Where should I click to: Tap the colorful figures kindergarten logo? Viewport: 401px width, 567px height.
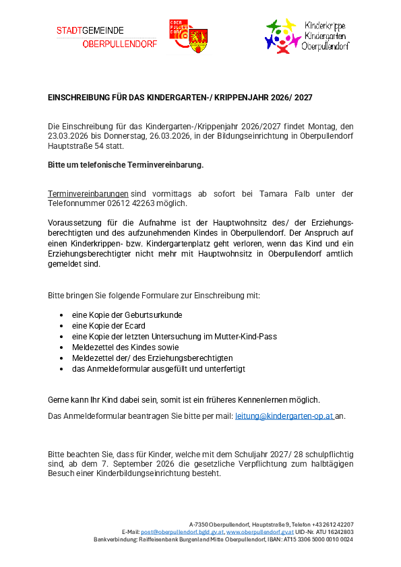(281, 36)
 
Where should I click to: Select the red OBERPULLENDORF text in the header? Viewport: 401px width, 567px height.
(120, 44)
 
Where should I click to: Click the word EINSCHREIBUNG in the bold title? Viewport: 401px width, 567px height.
(75, 98)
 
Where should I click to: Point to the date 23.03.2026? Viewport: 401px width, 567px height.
(67, 135)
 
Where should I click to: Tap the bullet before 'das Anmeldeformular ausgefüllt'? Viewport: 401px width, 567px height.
(61, 369)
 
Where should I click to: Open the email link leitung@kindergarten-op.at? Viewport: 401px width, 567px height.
(284, 416)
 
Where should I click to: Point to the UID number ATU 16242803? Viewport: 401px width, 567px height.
(335, 531)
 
